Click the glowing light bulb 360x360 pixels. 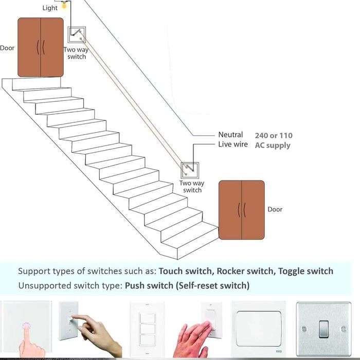64,6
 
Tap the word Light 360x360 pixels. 50,8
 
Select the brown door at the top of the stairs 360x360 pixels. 41,47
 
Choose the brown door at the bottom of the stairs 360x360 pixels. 242,210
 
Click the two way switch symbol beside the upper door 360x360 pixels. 77,34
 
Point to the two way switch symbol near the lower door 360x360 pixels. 190,170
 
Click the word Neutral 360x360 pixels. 230,135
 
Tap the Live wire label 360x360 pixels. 233,144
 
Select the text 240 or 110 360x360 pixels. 274,135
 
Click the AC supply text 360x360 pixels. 273,146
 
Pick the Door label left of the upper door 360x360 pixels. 7,48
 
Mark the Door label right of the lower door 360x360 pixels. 275,209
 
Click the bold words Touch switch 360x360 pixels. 185,271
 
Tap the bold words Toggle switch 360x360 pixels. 305,271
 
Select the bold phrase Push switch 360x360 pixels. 149,285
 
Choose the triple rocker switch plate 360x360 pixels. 147,330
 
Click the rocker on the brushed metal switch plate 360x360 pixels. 323,329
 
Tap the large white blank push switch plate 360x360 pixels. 259,329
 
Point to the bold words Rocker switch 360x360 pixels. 245,271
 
